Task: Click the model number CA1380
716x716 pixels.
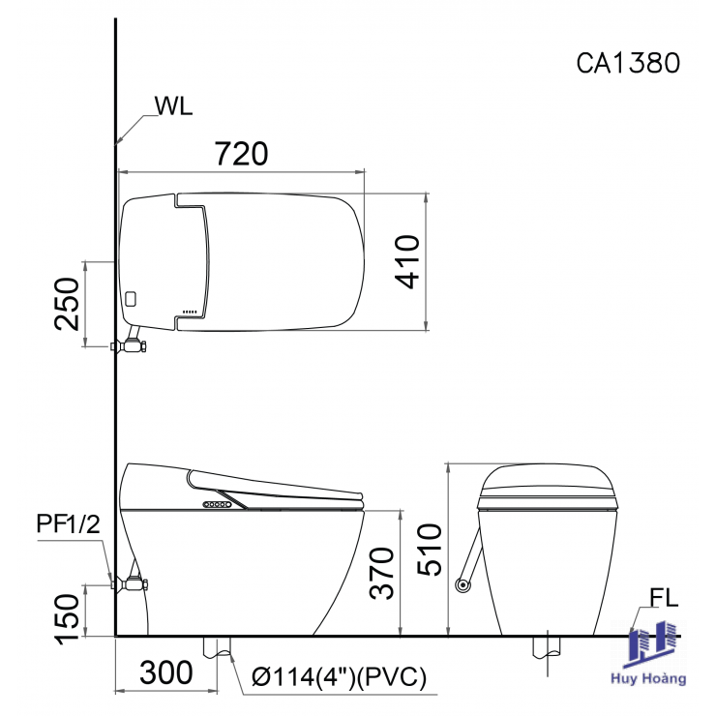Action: click(x=628, y=63)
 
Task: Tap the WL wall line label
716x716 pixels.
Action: click(x=173, y=105)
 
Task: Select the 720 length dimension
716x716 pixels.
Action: click(x=242, y=154)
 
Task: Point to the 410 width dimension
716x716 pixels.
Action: click(x=407, y=261)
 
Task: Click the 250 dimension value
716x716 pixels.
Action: click(x=67, y=304)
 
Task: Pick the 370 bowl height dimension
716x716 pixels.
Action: click(x=382, y=573)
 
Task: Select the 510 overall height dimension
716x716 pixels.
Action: click(x=430, y=550)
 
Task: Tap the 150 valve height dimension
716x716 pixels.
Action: click(x=67, y=619)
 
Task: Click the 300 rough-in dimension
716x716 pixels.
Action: click(x=166, y=672)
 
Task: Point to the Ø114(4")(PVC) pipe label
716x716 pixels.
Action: click(x=339, y=676)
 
